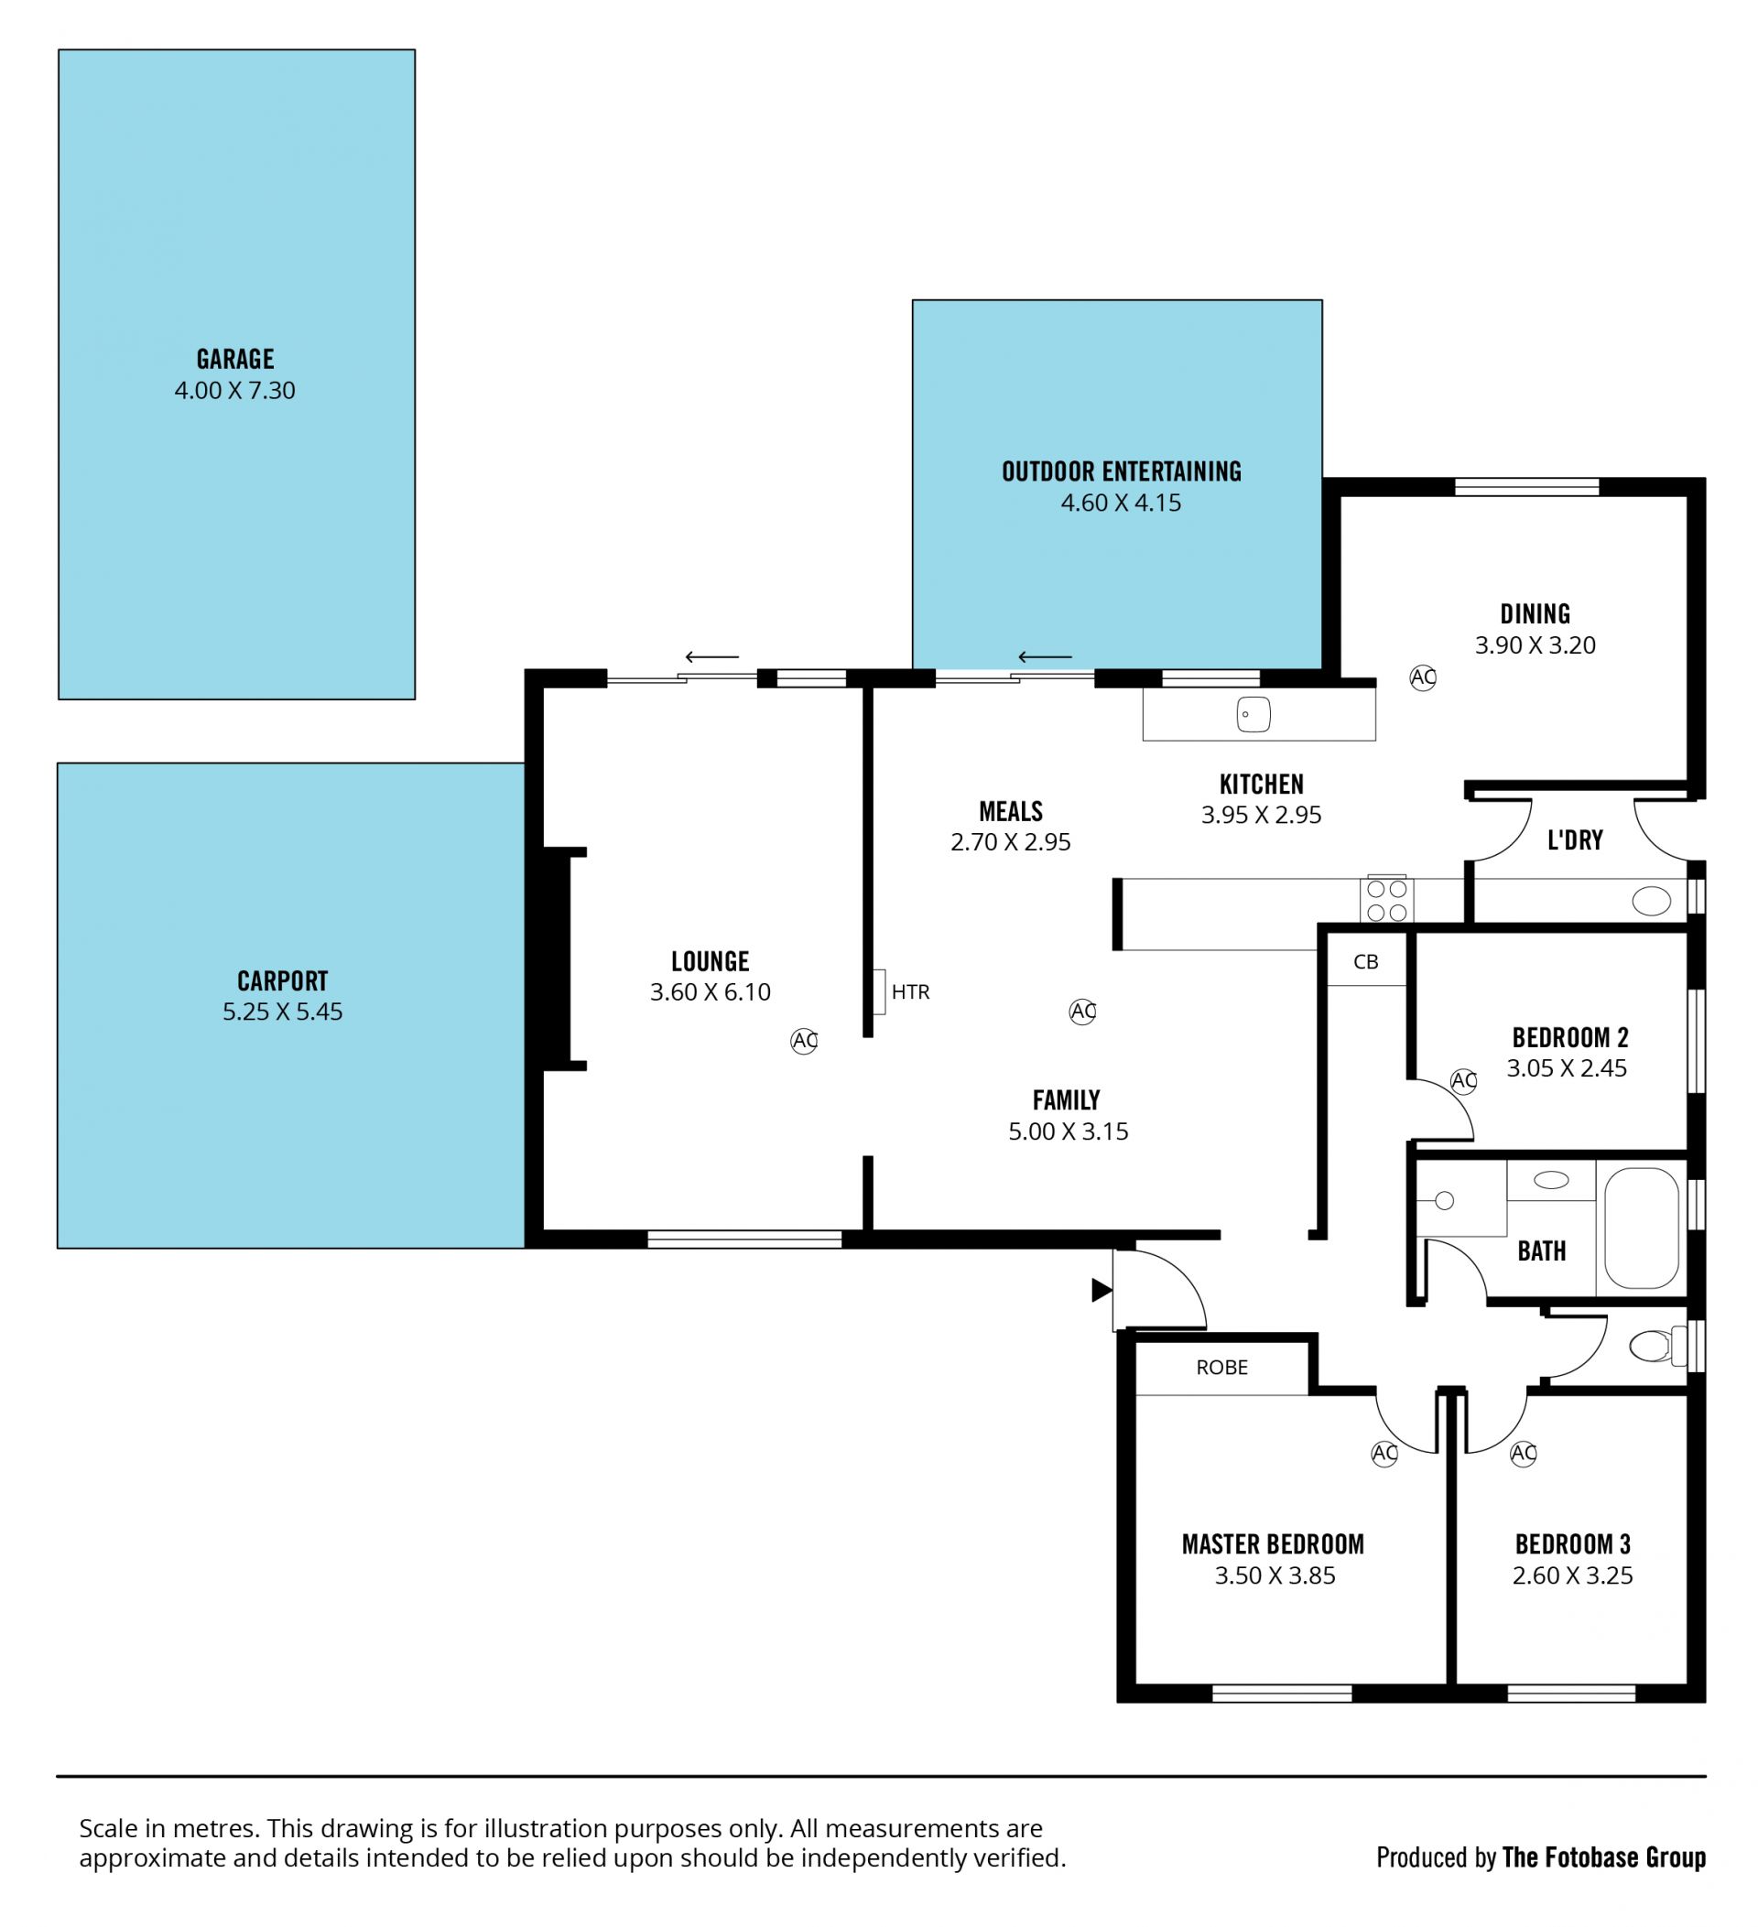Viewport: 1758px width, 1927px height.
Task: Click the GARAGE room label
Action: pyautogui.click(x=235, y=359)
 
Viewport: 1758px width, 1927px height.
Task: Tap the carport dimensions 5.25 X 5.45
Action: pyautogui.click(x=282, y=1012)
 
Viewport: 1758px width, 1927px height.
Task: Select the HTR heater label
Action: pyautogui.click(x=910, y=992)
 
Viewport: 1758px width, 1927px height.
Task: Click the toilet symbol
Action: pyautogui.click(x=1656, y=1347)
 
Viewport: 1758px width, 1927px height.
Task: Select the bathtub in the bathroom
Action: pyautogui.click(x=1641, y=1228)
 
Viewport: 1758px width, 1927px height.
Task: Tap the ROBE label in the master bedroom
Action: pyautogui.click(x=1221, y=1367)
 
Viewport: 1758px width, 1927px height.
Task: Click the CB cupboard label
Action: pyautogui.click(x=1366, y=961)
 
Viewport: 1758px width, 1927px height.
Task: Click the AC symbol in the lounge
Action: pyautogui.click(x=804, y=1041)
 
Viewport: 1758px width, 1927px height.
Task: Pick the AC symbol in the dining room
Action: pyautogui.click(x=1423, y=677)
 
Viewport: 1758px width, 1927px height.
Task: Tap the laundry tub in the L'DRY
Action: pyautogui.click(x=1651, y=901)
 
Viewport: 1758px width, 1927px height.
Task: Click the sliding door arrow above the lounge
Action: pyautogui.click(x=712, y=656)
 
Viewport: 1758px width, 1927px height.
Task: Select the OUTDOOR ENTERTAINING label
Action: pyautogui.click(x=1122, y=471)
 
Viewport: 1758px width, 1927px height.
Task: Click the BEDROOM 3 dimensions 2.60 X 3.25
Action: pyautogui.click(x=1572, y=1575)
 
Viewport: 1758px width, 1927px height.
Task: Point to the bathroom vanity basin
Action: pyautogui.click(x=1550, y=1181)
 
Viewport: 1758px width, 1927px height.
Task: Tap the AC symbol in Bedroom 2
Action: pyautogui.click(x=1463, y=1081)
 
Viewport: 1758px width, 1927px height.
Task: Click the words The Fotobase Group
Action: pyautogui.click(x=1604, y=1857)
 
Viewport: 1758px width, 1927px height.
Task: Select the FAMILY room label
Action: pyautogui.click(x=1066, y=1100)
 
